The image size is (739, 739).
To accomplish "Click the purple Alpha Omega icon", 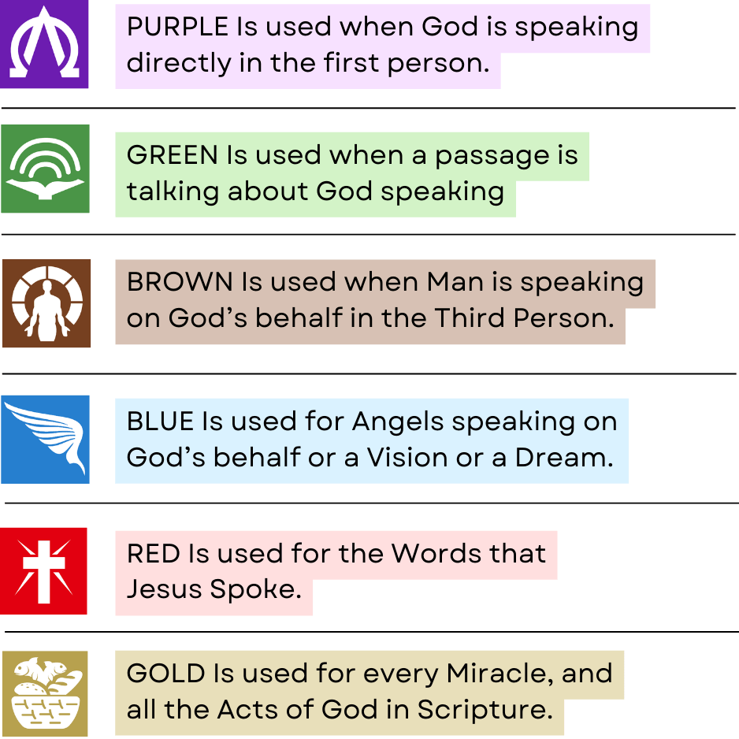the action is coord(44,44).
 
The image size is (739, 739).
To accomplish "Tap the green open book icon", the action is coord(45,169).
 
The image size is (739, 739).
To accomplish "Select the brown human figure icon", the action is coord(46,303).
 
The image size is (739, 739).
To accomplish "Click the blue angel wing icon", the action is coord(45,440).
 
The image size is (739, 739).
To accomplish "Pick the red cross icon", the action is coord(43,571).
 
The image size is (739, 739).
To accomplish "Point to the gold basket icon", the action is coord(45,693).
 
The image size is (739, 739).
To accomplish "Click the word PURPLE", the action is coord(178,27).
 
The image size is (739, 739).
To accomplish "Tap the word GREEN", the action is coord(172,155).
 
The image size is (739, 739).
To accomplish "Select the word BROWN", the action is coord(180,282).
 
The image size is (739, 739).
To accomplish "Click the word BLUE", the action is coord(160,421).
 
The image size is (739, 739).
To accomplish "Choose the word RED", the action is coord(153,553).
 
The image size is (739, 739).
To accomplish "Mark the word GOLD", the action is coord(166,673).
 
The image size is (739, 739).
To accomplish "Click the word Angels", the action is coord(398,422).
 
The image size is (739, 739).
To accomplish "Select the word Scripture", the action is coord(485,711).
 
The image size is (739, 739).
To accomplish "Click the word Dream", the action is coord(564,457).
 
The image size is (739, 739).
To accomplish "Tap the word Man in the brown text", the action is coord(455,282).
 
